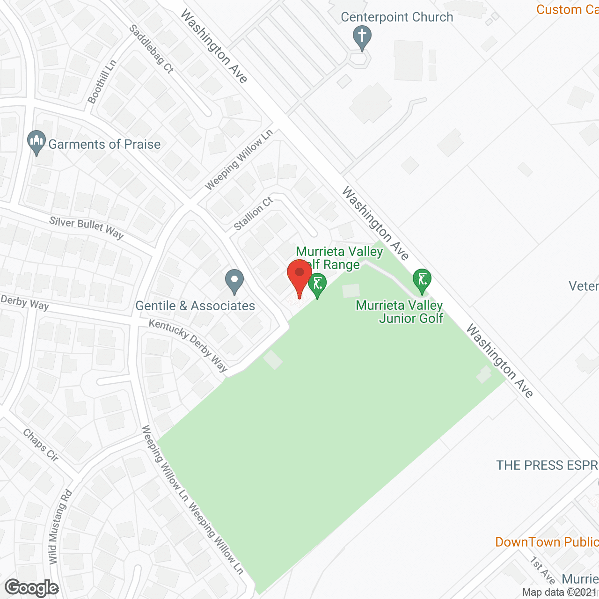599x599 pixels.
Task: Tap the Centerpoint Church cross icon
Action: (362, 37)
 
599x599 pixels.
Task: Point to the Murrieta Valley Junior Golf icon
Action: (422, 280)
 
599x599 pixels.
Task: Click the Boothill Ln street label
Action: (102, 82)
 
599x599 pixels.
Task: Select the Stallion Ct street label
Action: (253, 214)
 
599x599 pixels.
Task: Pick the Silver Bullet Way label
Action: (87, 227)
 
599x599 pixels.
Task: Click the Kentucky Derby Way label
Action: (188, 345)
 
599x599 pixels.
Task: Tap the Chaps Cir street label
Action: (41, 446)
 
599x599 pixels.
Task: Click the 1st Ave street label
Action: (542, 570)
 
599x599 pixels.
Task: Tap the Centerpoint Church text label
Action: (397, 17)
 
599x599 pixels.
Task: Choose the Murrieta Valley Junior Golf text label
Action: (400, 312)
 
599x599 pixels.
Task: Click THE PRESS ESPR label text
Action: (547, 465)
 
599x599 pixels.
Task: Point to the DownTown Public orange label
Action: (547, 542)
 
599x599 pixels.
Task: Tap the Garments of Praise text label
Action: (104, 144)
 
